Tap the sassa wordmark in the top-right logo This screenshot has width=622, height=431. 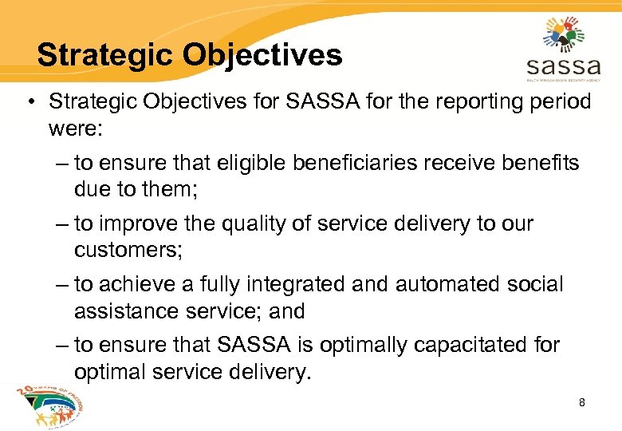[x=563, y=63]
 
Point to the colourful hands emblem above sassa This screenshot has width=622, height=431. [x=564, y=31]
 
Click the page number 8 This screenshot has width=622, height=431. [x=582, y=403]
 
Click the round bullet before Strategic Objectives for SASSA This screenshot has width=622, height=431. [x=30, y=102]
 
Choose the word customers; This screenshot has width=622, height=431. [x=128, y=250]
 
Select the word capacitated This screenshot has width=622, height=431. [x=475, y=346]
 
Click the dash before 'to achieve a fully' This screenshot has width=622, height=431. [x=63, y=285]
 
